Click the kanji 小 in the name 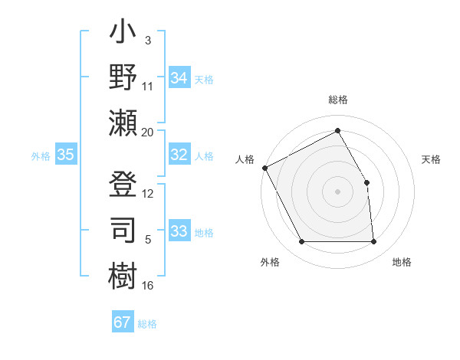click(x=123, y=34)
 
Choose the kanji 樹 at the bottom click(x=123, y=274)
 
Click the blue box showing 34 click(x=179, y=78)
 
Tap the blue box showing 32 click(x=179, y=155)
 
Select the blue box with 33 click(x=179, y=231)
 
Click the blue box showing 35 click(x=65, y=155)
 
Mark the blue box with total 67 click(x=122, y=322)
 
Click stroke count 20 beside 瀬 click(x=148, y=132)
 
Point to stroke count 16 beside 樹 click(x=148, y=286)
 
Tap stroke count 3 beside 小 click(x=148, y=39)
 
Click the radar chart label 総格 click(x=338, y=100)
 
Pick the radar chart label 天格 click(x=431, y=159)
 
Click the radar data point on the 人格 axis click(x=264, y=167)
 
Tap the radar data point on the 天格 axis click(x=366, y=182)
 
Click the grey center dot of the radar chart click(x=338, y=191)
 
